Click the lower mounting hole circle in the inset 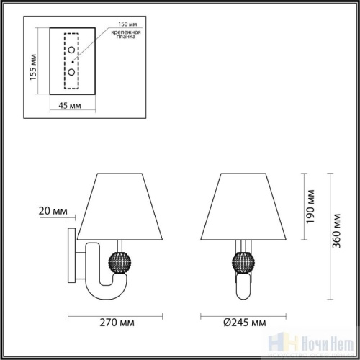click(x=72, y=73)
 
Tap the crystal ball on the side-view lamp click(x=118, y=259)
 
